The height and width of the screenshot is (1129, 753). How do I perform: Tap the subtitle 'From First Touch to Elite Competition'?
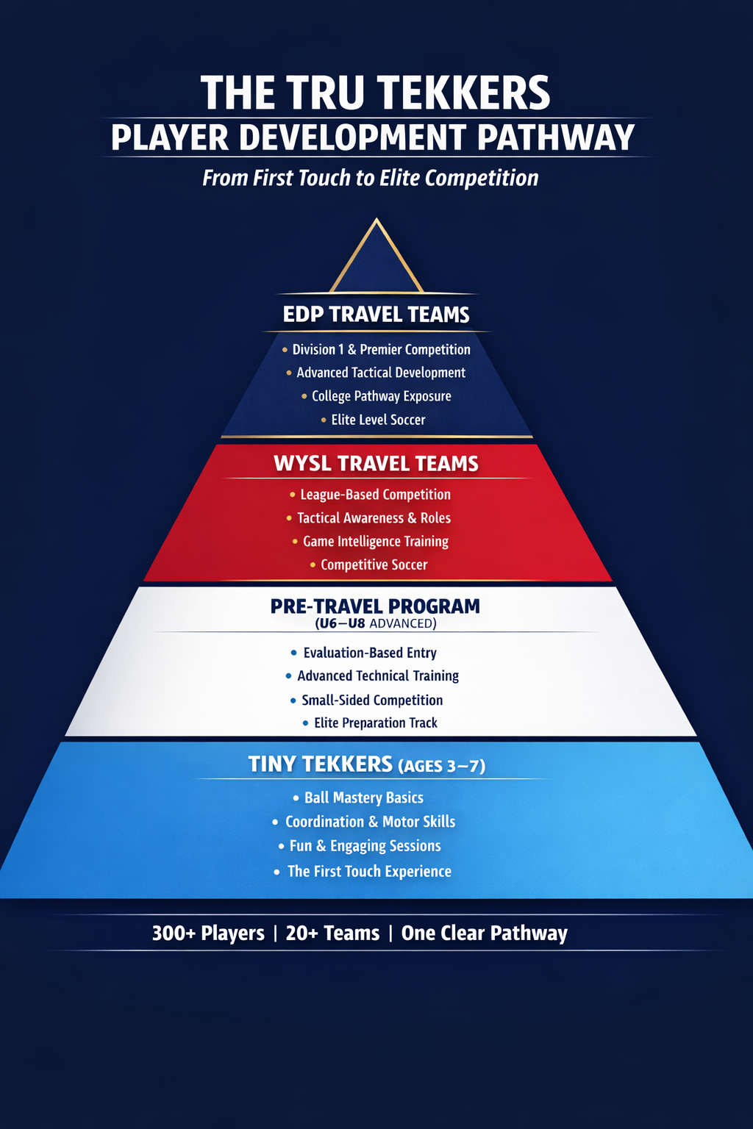pos(371,178)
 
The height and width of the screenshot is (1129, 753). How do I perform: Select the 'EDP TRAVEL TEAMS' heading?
pos(376,315)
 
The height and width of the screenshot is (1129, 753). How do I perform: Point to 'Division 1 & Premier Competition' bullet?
pos(381,350)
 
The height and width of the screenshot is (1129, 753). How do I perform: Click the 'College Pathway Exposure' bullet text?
pos(381,396)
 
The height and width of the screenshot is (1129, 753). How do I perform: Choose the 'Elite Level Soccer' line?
pos(378,420)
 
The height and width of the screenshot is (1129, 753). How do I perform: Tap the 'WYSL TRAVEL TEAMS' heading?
pos(376,464)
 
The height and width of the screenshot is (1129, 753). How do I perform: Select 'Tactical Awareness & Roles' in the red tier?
pos(374,518)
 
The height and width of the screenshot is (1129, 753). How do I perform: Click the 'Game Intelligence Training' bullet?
pos(375,542)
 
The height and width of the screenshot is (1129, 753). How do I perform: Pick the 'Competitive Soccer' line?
pos(374,565)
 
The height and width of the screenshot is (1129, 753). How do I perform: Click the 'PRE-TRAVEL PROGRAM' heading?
pos(375,606)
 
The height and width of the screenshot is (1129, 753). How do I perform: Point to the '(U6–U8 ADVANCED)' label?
pos(376,624)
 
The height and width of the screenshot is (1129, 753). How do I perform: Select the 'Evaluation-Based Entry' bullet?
pos(370,653)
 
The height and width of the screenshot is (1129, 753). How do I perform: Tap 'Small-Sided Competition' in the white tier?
pos(372,700)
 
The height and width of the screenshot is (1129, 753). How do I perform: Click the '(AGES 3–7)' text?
pos(441,766)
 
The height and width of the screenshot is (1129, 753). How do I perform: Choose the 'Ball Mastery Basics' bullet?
pos(363,798)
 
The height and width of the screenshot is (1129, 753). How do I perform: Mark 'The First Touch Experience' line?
pos(369,872)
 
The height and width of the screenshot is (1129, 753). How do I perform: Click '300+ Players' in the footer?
pos(208,933)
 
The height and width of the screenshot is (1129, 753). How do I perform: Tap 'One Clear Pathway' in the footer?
pos(485,933)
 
